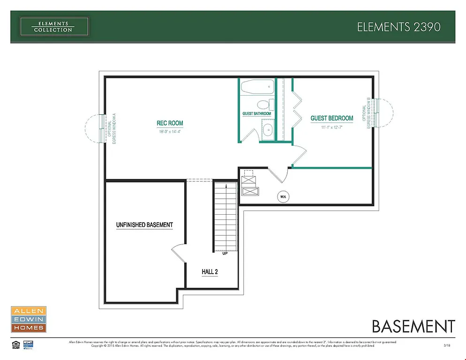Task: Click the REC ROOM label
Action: click(170, 123)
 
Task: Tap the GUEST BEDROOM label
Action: click(332, 119)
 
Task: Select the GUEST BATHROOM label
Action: click(256, 114)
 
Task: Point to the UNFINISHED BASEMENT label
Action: click(144, 225)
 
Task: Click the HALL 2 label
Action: click(210, 272)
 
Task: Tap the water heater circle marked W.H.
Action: click(283, 197)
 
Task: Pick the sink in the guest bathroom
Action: click(268, 130)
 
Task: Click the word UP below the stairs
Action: click(225, 254)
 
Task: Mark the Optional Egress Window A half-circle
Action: click(94, 129)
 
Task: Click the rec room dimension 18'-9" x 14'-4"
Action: click(170, 132)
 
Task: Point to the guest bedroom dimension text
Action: click(332, 127)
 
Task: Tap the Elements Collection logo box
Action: click(54, 27)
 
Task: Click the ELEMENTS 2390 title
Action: click(398, 27)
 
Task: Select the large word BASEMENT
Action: click(413, 326)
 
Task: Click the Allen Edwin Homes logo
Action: click(28, 319)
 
